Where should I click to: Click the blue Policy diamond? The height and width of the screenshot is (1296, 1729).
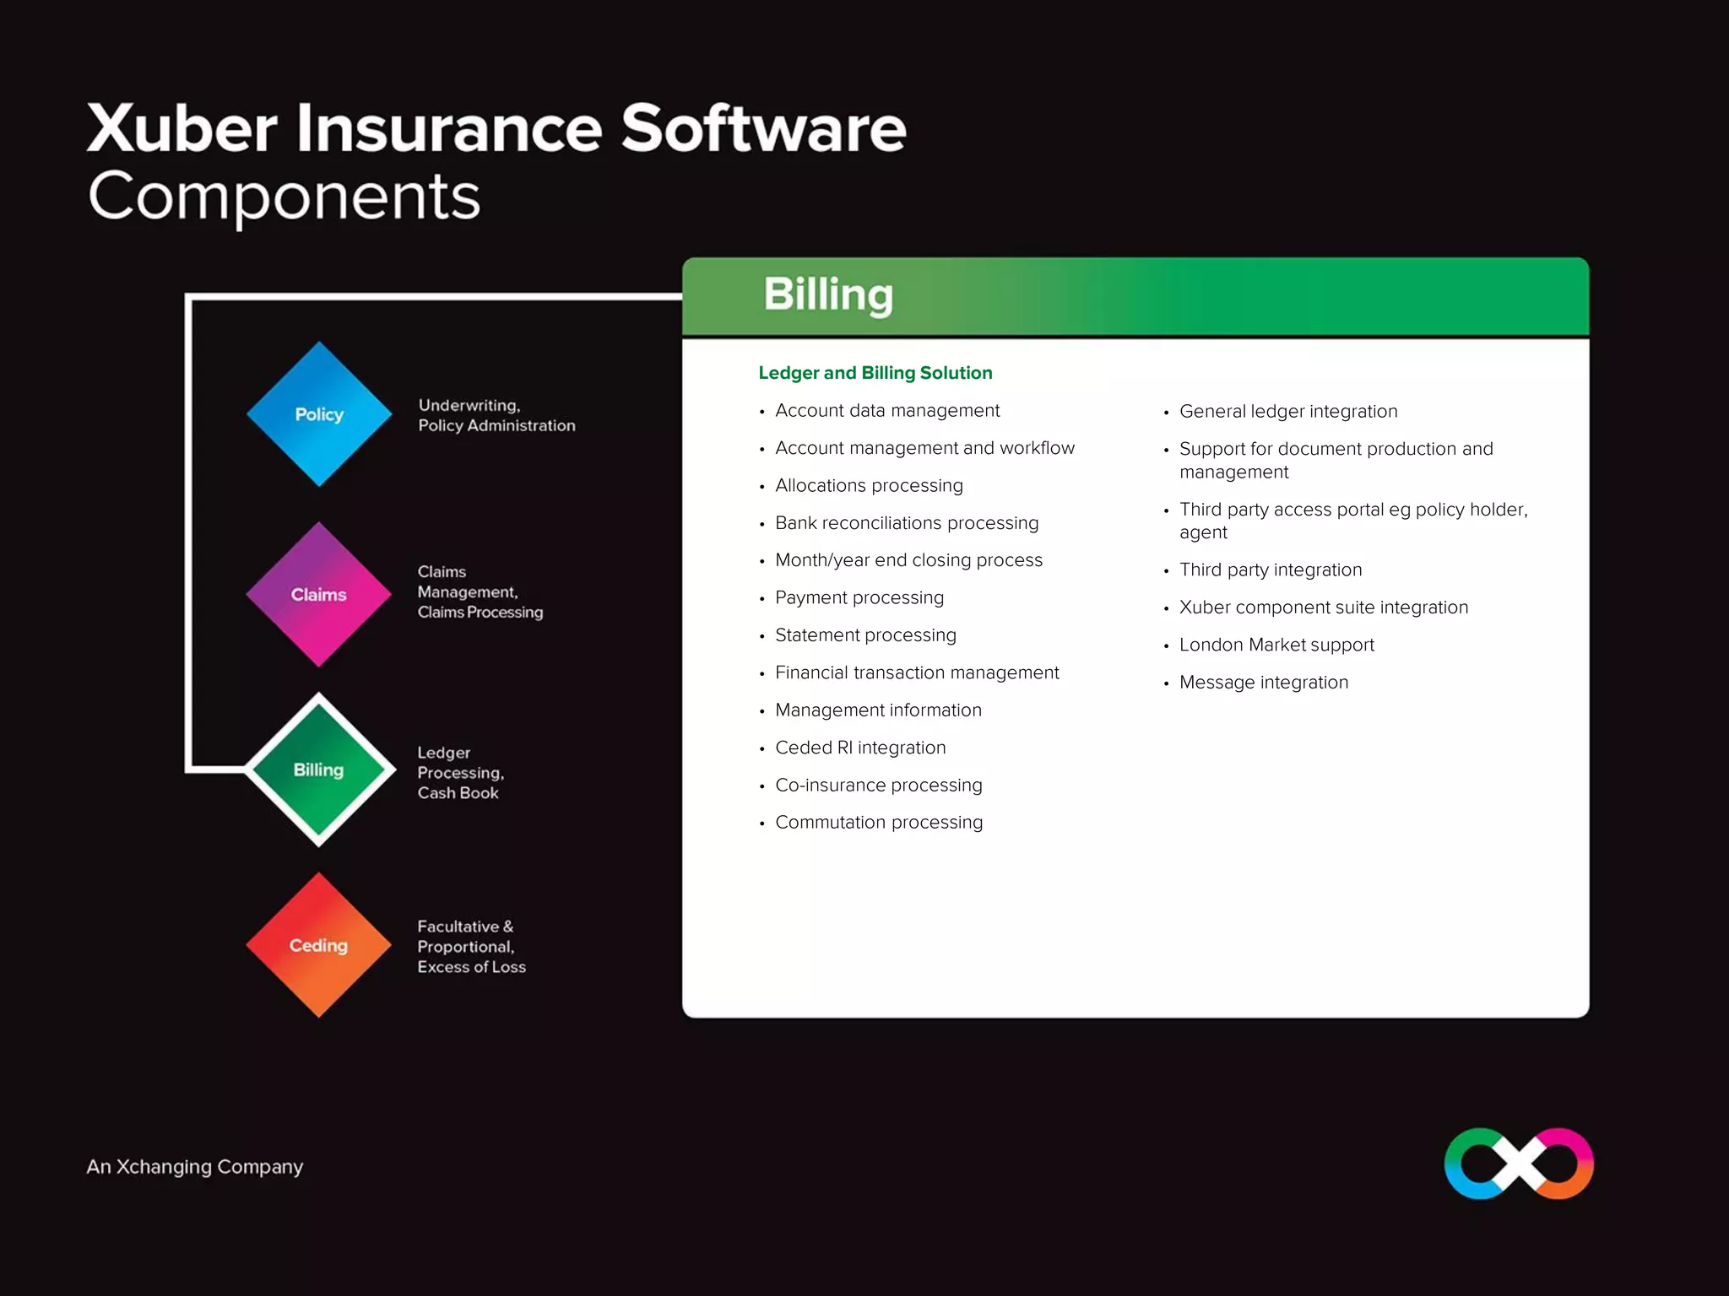point(319,414)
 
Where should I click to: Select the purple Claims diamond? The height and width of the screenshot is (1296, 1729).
point(319,595)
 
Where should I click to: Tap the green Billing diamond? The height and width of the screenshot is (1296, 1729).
point(319,769)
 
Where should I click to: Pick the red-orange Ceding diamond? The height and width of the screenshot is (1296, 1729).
point(319,945)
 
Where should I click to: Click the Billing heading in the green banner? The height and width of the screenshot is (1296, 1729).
point(828,295)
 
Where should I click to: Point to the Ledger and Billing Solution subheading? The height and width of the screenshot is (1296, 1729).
point(875,373)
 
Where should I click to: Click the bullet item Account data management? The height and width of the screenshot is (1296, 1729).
point(887,411)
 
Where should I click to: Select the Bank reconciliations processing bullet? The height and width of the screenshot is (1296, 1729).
point(907,523)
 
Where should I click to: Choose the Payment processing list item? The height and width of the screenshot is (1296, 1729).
point(859,598)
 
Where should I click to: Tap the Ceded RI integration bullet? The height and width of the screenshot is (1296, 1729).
point(860,748)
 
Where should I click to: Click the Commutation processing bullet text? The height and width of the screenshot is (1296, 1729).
point(879,823)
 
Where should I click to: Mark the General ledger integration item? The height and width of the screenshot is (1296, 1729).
point(1288,412)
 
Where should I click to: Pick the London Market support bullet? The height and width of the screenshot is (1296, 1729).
point(1276,645)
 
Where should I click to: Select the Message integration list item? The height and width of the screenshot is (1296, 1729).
point(1264,683)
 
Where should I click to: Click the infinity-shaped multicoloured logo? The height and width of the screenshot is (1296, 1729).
point(1519,1164)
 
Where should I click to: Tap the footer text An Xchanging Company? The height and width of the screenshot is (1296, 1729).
point(195,1167)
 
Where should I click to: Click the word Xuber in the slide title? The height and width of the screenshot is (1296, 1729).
point(182,129)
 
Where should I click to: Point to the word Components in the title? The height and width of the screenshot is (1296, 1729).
point(285,197)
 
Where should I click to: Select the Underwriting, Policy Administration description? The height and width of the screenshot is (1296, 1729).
point(496,416)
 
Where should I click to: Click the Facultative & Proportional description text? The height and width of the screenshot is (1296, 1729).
point(471,947)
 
